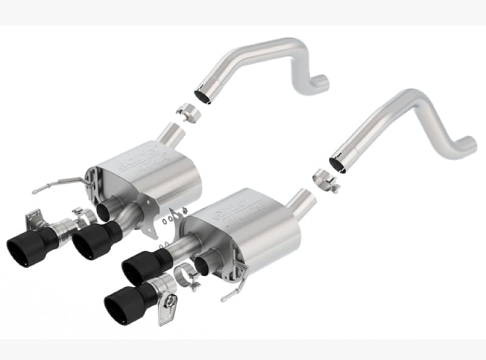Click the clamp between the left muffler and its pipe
pyautogui.click(x=188, y=113)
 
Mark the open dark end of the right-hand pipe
pyautogui.click(x=337, y=163)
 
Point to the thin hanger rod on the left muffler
pyautogui.click(x=58, y=183)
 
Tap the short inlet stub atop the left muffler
pyautogui.click(x=174, y=136)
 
